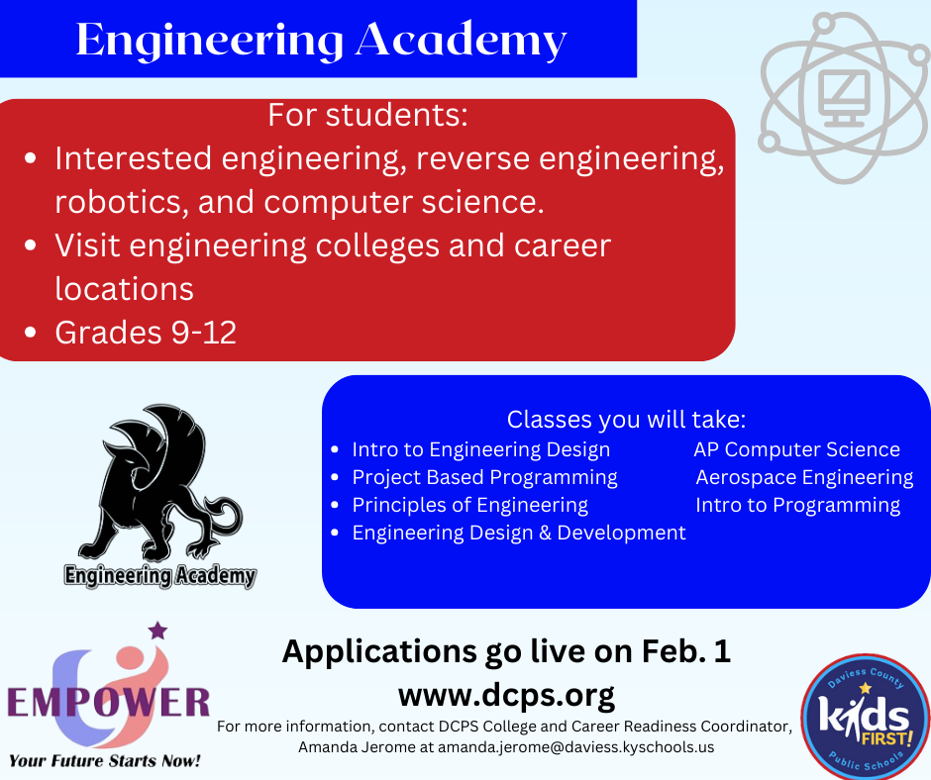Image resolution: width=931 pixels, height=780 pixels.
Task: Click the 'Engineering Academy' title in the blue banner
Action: coord(321,41)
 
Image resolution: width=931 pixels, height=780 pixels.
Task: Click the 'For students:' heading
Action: coord(367,115)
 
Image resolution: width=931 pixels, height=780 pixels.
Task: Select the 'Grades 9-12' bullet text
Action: coord(146,333)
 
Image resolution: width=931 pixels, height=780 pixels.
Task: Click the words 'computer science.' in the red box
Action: coord(404,202)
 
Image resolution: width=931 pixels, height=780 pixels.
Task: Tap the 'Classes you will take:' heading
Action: coord(626,420)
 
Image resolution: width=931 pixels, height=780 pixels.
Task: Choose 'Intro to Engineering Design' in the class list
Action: coord(481,450)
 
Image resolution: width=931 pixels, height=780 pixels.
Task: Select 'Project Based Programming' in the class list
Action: coord(484,478)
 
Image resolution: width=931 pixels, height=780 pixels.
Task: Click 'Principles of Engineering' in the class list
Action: coord(469,505)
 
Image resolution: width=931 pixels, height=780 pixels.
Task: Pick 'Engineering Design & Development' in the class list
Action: coord(519,534)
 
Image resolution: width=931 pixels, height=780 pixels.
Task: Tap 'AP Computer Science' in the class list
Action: coord(797,450)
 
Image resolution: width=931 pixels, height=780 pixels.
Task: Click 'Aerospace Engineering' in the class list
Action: coord(804,478)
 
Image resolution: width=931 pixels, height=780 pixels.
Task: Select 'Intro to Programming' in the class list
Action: coord(798,505)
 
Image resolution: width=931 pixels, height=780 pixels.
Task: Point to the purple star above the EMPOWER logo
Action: coord(157,631)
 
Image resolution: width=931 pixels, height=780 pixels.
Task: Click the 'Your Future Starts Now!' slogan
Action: coord(105,761)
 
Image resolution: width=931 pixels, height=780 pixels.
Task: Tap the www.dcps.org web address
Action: coord(506,695)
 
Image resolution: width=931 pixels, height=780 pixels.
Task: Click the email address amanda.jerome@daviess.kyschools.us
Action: coord(576,747)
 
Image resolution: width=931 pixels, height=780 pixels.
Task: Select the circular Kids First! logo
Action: coord(865,717)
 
